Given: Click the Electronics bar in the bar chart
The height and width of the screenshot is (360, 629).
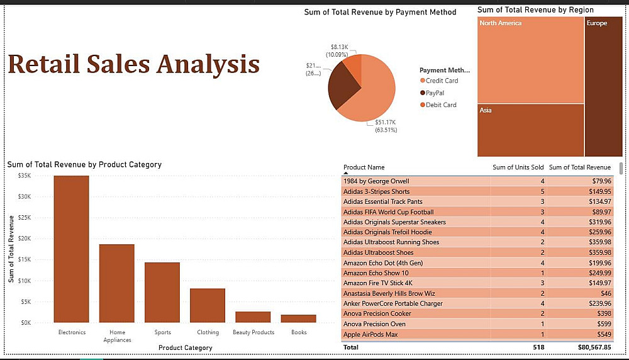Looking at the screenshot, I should [x=71, y=249].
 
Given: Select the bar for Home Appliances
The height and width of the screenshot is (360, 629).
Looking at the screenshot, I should [x=116, y=283].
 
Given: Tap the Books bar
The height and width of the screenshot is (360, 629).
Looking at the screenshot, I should [x=298, y=318].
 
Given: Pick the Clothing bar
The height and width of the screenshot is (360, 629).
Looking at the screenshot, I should [x=207, y=305].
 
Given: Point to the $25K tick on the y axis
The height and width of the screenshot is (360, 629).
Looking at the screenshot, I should [x=25, y=218].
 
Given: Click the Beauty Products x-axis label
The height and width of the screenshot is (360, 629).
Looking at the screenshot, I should [x=253, y=332].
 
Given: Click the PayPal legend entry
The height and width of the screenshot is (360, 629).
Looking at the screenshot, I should [x=435, y=93].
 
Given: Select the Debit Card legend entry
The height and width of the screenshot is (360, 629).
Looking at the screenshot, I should [x=440, y=105].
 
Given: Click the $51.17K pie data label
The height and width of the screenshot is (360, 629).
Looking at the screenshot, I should [x=385, y=122].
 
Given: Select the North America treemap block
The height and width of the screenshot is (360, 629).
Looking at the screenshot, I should [x=530, y=60].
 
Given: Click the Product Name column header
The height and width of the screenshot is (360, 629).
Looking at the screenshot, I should [x=364, y=167].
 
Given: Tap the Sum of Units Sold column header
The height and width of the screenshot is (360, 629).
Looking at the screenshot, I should [x=518, y=167].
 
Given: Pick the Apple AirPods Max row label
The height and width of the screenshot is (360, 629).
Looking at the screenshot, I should [x=370, y=334].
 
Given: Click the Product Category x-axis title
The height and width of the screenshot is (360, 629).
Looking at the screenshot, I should [x=185, y=347].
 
